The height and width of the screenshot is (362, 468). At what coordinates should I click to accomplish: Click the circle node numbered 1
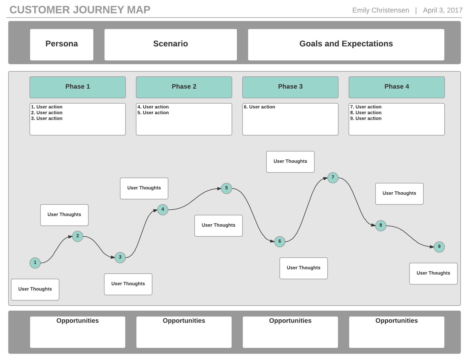click(35, 263)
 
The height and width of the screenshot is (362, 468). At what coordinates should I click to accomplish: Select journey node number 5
click(227, 188)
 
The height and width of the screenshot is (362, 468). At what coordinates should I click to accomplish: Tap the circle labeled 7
click(333, 178)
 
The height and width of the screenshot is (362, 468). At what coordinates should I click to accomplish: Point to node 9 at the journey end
click(439, 247)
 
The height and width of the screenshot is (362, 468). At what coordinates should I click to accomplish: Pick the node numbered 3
click(120, 257)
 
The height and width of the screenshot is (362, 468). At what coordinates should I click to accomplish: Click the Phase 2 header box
click(184, 87)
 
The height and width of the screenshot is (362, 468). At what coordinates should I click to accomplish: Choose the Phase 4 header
click(397, 87)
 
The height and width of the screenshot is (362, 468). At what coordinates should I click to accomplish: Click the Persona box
click(62, 44)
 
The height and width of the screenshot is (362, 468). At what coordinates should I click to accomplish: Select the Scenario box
click(171, 44)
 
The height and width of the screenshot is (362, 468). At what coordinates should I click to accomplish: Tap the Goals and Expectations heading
click(346, 44)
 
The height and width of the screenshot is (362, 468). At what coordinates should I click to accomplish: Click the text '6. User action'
click(260, 107)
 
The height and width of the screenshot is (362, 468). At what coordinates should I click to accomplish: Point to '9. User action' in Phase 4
click(366, 118)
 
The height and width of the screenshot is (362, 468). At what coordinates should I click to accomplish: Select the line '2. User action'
click(47, 113)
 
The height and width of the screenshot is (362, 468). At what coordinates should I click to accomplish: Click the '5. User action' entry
click(153, 113)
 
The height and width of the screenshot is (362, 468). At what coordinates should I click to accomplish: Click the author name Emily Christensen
click(381, 10)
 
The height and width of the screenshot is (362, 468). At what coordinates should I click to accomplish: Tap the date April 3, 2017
click(442, 10)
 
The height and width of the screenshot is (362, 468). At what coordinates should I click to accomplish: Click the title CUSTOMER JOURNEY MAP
click(80, 10)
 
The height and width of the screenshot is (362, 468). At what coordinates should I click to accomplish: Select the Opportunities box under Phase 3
click(290, 332)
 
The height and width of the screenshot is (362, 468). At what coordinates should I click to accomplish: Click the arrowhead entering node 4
click(155, 211)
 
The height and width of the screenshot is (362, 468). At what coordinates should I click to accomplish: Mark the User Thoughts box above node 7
click(290, 162)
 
